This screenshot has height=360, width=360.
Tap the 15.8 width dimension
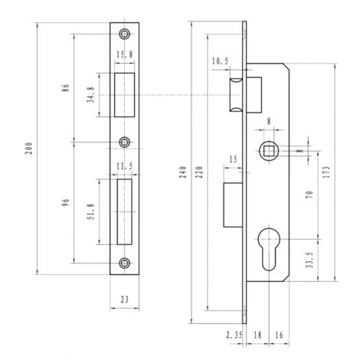pos(125,54)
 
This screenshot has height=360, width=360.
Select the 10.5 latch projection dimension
pos(220,61)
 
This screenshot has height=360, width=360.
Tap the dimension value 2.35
pos(234,334)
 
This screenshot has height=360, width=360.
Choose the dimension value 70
pos(309,195)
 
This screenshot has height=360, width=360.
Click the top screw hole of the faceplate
pos(125,35)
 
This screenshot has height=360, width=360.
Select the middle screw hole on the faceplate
pos(125,142)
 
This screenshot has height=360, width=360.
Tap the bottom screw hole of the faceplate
pos(125,263)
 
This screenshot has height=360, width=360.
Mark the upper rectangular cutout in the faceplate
pos(125,96)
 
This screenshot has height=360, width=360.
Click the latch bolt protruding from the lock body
pos(238,93)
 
